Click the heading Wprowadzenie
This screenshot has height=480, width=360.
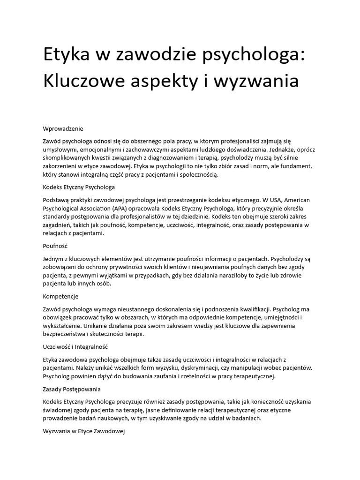tap(63, 128)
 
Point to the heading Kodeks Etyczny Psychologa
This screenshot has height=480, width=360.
tap(79, 187)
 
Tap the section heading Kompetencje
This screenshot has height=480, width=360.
tap(60, 296)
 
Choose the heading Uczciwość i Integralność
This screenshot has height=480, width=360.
tap(75, 347)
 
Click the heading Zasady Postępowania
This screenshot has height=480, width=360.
tap(72, 390)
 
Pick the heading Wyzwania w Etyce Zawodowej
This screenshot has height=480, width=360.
tap(83, 432)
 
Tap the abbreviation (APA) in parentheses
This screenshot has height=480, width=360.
tap(121, 209)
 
